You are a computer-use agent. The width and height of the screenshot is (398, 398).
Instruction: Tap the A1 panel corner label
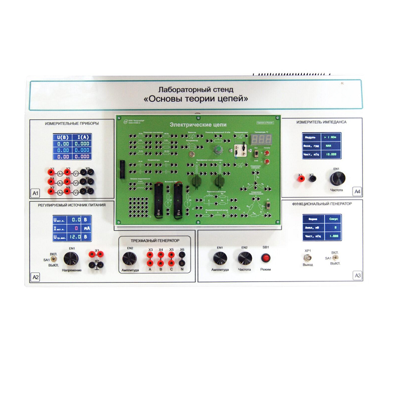(x=35, y=193)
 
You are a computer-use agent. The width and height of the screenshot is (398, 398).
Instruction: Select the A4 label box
(x=357, y=192)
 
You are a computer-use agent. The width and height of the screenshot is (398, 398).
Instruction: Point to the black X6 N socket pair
(x=182, y=259)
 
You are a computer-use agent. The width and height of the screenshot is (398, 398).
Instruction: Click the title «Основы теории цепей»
(x=195, y=98)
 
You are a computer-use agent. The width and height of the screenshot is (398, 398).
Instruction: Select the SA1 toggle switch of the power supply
(x=53, y=259)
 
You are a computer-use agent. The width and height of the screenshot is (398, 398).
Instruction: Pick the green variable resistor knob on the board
(x=217, y=150)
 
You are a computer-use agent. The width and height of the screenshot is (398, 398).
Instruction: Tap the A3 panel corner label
(x=357, y=276)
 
